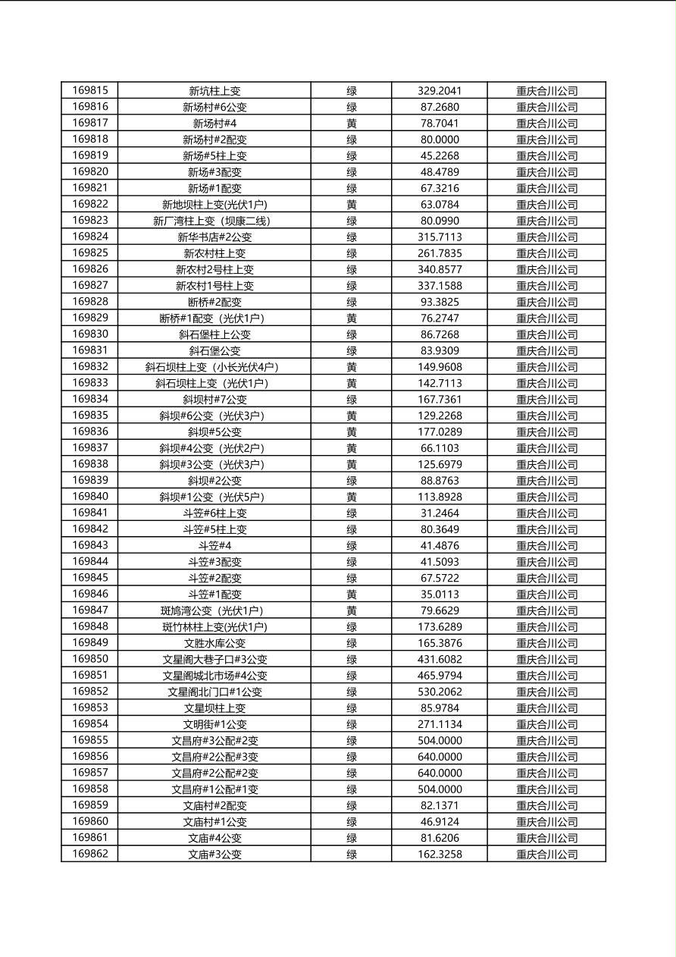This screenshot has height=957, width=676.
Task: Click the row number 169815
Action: coord(89,90)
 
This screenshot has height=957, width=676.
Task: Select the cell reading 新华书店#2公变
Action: coord(214,237)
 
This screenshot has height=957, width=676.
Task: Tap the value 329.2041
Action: coord(439,91)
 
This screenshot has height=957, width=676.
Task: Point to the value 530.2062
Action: coord(439,692)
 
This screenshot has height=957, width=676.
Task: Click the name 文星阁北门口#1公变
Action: coord(214,692)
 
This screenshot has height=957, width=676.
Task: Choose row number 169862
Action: coord(89,854)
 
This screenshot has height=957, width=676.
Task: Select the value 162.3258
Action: coord(439,854)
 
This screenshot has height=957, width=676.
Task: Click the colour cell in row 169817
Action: coord(352,123)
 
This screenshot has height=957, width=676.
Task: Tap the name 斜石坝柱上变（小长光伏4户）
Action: coord(214,367)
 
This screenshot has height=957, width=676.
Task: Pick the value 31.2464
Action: coord(439,513)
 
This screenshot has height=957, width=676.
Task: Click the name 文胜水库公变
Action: coord(214,643)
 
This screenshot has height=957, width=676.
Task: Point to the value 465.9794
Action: coord(439,676)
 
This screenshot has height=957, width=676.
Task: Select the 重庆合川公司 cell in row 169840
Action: coord(546,497)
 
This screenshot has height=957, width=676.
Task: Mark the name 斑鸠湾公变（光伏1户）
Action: coord(214,610)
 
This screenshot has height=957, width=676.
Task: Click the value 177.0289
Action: coord(439,432)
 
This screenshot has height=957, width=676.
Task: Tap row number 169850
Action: coord(89,659)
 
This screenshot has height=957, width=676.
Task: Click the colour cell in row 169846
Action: coord(352,595)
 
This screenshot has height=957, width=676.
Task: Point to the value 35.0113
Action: coord(439,595)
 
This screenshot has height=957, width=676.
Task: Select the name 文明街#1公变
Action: coord(214,724)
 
